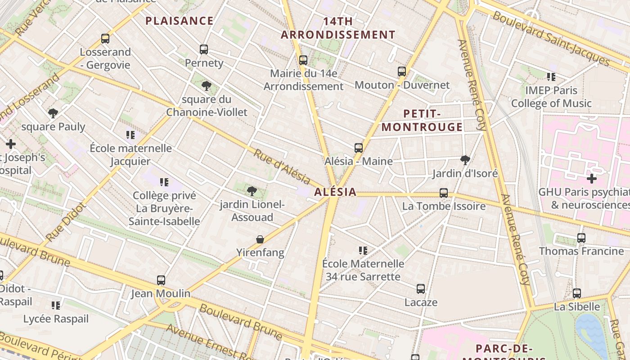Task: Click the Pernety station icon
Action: click(x=204, y=49)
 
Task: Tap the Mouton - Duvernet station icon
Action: click(x=402, y=72)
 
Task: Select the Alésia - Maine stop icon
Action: click(x=359, y=148)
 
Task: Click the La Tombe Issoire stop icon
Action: click(x=444, y=193)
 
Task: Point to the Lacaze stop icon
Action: click(x=421, y=289)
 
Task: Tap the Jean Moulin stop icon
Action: click(x=161, y=280)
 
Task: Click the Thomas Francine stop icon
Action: click(x=581, y=238)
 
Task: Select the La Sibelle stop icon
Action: click(x=577, y=293)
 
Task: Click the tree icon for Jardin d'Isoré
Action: click(x=465, y=160)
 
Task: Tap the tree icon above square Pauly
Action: click(x=53, y=113)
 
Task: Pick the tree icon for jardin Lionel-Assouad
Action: click(x=252, y=191)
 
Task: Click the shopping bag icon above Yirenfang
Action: click(x=260, y=239)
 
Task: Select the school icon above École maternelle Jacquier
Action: click(x=130, y=135)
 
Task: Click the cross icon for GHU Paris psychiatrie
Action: click(x=592, y=179)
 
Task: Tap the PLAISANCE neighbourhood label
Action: click(x=180, y=21)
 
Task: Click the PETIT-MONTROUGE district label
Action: click(x=422, y=120)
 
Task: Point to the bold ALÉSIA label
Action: click(x=335, y=192)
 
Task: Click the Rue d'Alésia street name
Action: click(x=282, y=166)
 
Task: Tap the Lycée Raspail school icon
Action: click(x=56, y=306)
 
